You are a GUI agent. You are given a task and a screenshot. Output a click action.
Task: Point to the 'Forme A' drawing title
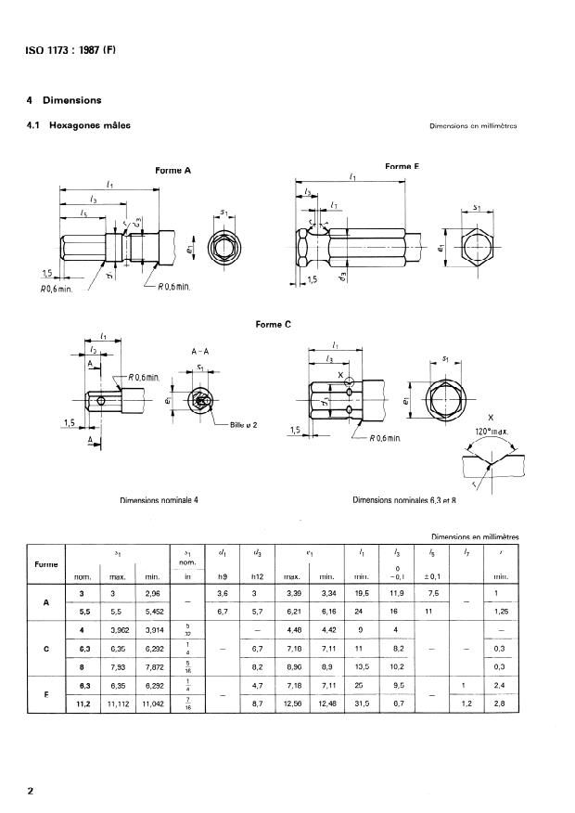172,170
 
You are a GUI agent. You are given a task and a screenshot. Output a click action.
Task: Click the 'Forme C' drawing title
273,324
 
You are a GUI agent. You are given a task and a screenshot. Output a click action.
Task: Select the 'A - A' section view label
200,353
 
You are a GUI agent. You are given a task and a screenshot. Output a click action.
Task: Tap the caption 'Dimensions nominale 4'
160,500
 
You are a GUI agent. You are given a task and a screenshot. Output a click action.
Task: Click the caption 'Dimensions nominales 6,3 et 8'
407,500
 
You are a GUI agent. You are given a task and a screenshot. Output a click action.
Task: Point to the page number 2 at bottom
31,791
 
